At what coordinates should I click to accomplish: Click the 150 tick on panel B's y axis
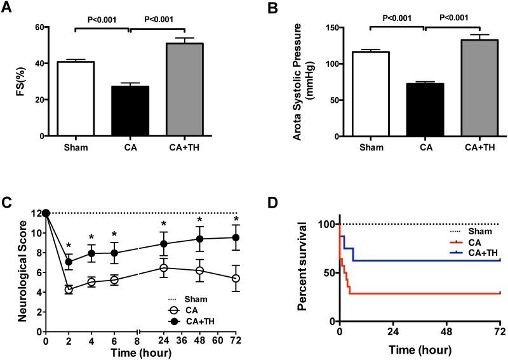pyautogui.click(x=328, y=28)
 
